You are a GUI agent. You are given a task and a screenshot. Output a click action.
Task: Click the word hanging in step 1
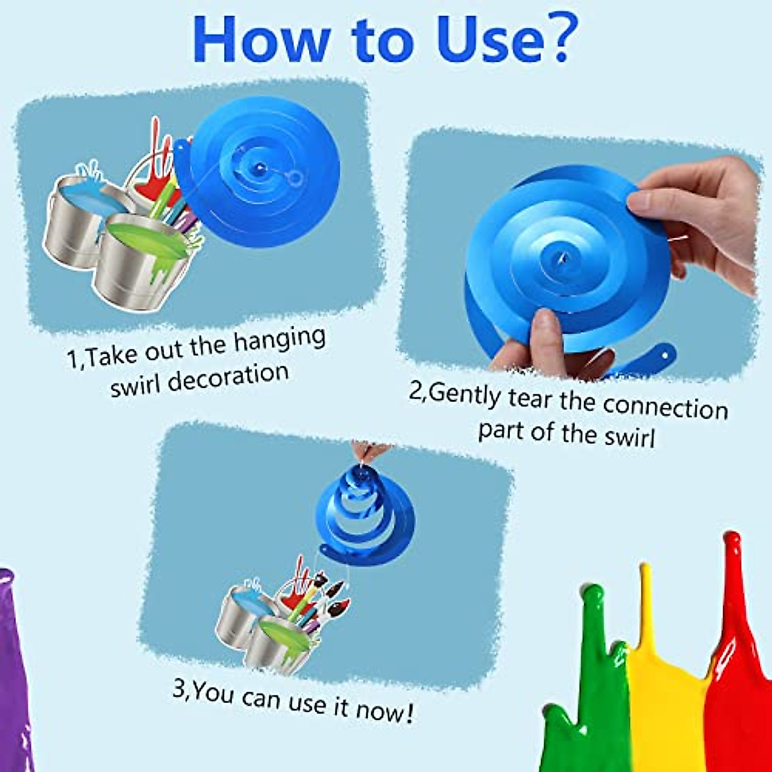279,341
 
